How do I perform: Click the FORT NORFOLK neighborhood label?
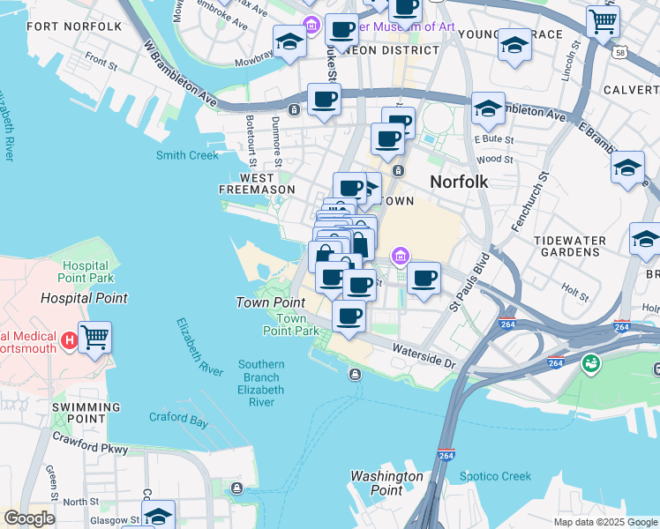pos(74,26)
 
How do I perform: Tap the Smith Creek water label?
pos(187,156)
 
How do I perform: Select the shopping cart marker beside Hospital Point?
pos(95,336)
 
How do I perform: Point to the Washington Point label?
pos(386,483)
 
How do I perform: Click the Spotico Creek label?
pos(496,476)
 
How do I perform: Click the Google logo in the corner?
pos(29,518)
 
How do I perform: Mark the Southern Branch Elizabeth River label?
pos(260,383)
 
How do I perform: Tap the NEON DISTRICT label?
pos(397,50)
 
